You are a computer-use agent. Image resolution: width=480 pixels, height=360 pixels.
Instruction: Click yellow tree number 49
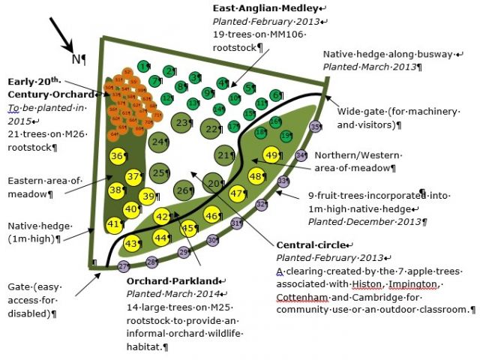pos(272,156)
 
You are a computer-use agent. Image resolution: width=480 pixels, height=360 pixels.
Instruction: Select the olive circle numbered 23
pos(182,122)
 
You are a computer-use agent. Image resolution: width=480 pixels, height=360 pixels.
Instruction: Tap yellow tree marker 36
pos(118,157)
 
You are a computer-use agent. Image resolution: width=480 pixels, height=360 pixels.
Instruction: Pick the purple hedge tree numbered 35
pos(316,127)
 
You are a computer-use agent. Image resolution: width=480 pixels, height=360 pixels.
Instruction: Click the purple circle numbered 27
pos(124,266)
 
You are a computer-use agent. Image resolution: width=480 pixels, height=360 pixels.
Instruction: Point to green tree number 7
pos(156,80)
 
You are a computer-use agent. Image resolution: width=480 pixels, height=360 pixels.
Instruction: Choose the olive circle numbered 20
pos(215,184)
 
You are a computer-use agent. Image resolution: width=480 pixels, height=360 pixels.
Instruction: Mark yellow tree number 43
pos(132,243)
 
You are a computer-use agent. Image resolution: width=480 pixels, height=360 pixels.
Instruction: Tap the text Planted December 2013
pos(367,222)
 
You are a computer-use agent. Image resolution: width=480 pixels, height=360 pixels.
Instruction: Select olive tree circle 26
pos(184,190)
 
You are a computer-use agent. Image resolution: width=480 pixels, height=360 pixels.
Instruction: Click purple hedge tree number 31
pos(235,223)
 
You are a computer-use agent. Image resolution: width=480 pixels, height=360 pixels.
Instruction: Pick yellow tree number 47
pos(238,193)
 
